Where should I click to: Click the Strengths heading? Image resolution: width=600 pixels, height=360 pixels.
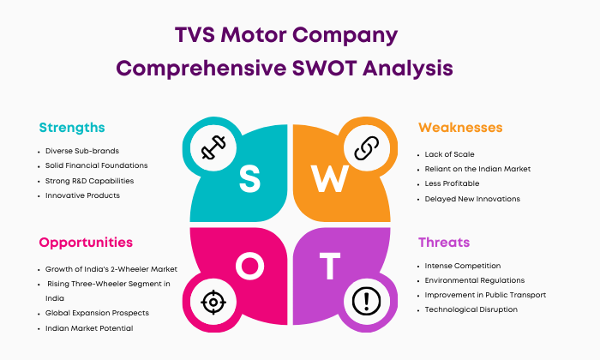[72, 128]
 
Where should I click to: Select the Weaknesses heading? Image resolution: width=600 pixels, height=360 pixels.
[460, 128]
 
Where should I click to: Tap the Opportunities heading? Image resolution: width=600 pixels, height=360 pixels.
[86, 243]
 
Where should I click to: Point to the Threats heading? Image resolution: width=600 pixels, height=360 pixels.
[444, 243]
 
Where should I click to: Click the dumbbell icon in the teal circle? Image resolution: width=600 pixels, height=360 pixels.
[213, 147]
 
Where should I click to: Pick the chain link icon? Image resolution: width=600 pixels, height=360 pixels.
[367, 148]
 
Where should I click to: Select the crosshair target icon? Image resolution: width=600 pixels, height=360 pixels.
[213, 303]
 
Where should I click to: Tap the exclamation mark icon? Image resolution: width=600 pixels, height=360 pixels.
[366, 302]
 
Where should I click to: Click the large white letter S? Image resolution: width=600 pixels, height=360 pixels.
[249, 178]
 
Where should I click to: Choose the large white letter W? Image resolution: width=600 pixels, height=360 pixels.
[329, 178]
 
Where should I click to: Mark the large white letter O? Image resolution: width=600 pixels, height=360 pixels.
[250, 266]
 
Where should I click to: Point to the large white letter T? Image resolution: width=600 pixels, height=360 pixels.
[330, 266]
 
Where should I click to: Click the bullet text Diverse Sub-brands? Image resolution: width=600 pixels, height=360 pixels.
[82, 151]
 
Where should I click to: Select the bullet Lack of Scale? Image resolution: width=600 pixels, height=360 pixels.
[450, 154]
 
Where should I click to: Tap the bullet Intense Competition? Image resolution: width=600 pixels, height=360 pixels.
[463, 266]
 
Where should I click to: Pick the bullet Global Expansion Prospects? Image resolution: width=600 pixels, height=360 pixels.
[97, 313]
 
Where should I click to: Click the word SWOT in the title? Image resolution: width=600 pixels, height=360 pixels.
[324, 69]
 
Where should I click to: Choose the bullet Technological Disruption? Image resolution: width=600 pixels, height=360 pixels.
[471, 309]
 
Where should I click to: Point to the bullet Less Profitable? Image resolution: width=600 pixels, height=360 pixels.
[452, 183]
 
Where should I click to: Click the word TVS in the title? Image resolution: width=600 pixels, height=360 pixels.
[195, 35]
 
